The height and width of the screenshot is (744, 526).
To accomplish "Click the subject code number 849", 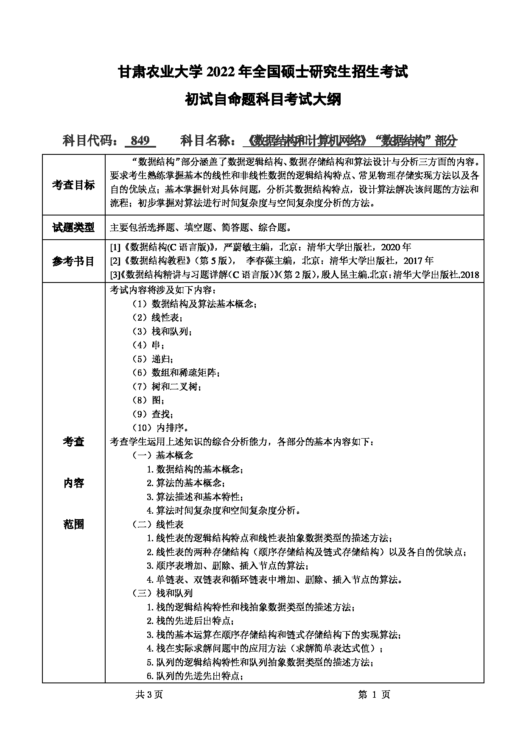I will click(x=140, y=140).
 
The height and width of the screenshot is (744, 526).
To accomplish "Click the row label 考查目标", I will click(x=73, y=185).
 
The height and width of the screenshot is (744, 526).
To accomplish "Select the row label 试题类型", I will click(x=73, y=227).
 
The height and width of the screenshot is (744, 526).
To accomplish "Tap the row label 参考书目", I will click(x=73, y=261).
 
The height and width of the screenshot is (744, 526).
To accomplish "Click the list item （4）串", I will click(x=148, y=345).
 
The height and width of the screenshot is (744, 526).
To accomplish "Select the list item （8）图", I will click(x=148, y=400).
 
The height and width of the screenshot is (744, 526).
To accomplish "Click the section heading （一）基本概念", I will click(x=163, y=455).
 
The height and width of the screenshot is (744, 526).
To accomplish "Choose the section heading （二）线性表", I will click(x=158, y=524).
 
